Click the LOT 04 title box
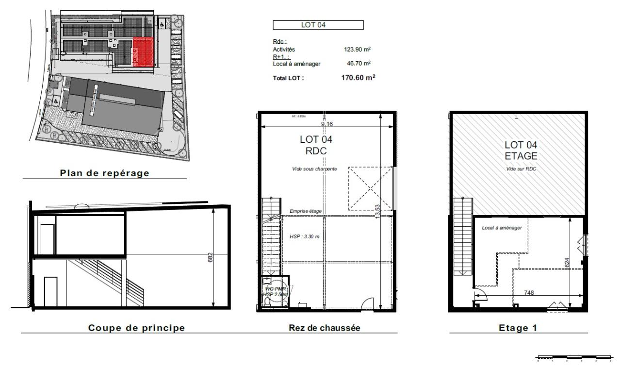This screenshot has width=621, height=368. tap(318, 25)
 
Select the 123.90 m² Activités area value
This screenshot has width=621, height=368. tap(358, 49)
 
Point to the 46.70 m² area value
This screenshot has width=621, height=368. tap(359, 63)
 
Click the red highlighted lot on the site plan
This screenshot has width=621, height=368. tap(143, 51)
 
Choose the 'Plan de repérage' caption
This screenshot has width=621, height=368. tap(104, 173)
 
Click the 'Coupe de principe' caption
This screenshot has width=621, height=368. tap(136, 328)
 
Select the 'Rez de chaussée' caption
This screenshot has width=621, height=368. tap(324, 328)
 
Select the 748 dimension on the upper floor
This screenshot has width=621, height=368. tap(530, 293)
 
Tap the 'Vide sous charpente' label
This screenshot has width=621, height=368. tap(316, 168)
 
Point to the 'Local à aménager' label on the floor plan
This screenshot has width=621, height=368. tap(502, 227)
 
